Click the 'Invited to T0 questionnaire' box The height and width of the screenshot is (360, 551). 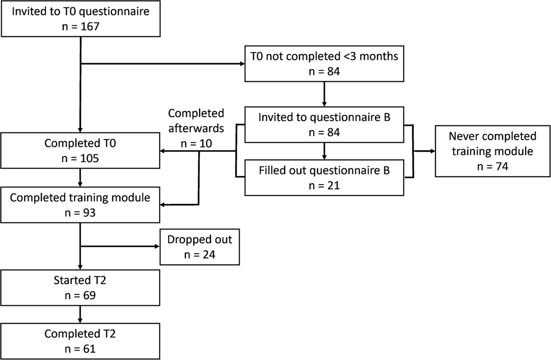tap(80, 19)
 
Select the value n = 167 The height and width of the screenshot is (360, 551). tap(80, 27)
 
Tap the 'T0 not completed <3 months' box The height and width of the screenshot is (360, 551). tap(324, 63)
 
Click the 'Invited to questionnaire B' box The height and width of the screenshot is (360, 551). tap(324, 124)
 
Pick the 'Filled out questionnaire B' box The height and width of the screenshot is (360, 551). tap(324, 178)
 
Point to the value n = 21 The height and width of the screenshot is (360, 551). tap(324, 186)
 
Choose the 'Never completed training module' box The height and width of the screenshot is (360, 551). tap(492, 151)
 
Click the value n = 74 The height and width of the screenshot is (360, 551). tap(492, 166)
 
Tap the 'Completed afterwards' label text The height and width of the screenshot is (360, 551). tap(196, 120)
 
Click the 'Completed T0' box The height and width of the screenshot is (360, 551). tap(80, 150)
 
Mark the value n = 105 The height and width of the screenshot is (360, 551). tap(80, 158)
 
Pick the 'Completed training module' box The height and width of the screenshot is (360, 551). tap(80, 205)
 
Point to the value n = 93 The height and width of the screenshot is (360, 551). tap(80, 213)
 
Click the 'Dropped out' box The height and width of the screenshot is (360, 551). tap(199, 247)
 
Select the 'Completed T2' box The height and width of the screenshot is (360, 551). tap(80, 341)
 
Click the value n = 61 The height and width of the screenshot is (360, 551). tap(80, 349)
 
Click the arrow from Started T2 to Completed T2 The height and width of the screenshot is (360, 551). tap(80, 314)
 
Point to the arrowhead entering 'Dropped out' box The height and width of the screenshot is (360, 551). tap(157, 247)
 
